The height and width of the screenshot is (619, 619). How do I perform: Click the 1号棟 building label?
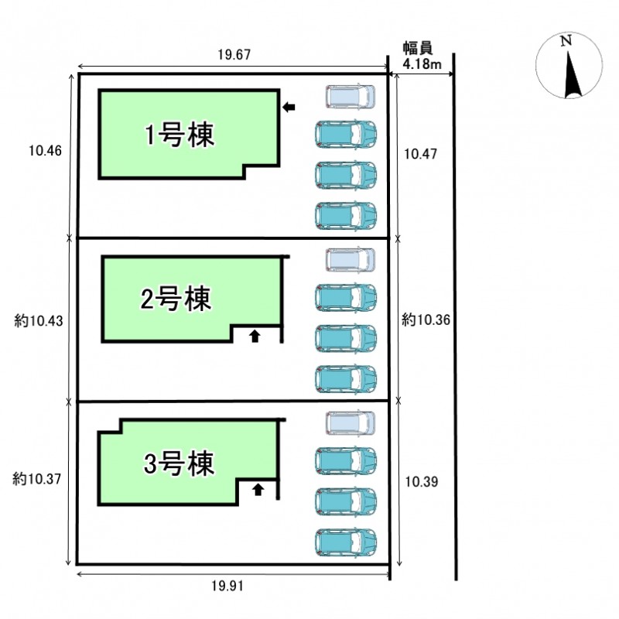(180, 135)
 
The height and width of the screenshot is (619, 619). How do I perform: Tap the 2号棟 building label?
(176, 298)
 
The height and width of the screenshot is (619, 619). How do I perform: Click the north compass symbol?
(570, 67)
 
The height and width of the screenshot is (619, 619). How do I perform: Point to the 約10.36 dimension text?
(426, 319)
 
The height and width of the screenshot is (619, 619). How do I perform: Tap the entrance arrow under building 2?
(255, 335)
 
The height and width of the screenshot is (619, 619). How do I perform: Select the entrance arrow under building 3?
(258, 488)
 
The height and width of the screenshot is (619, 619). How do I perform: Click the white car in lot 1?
(350, 97)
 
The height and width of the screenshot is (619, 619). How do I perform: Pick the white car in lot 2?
(350, 260)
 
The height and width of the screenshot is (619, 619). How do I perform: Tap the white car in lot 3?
(350, 423)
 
